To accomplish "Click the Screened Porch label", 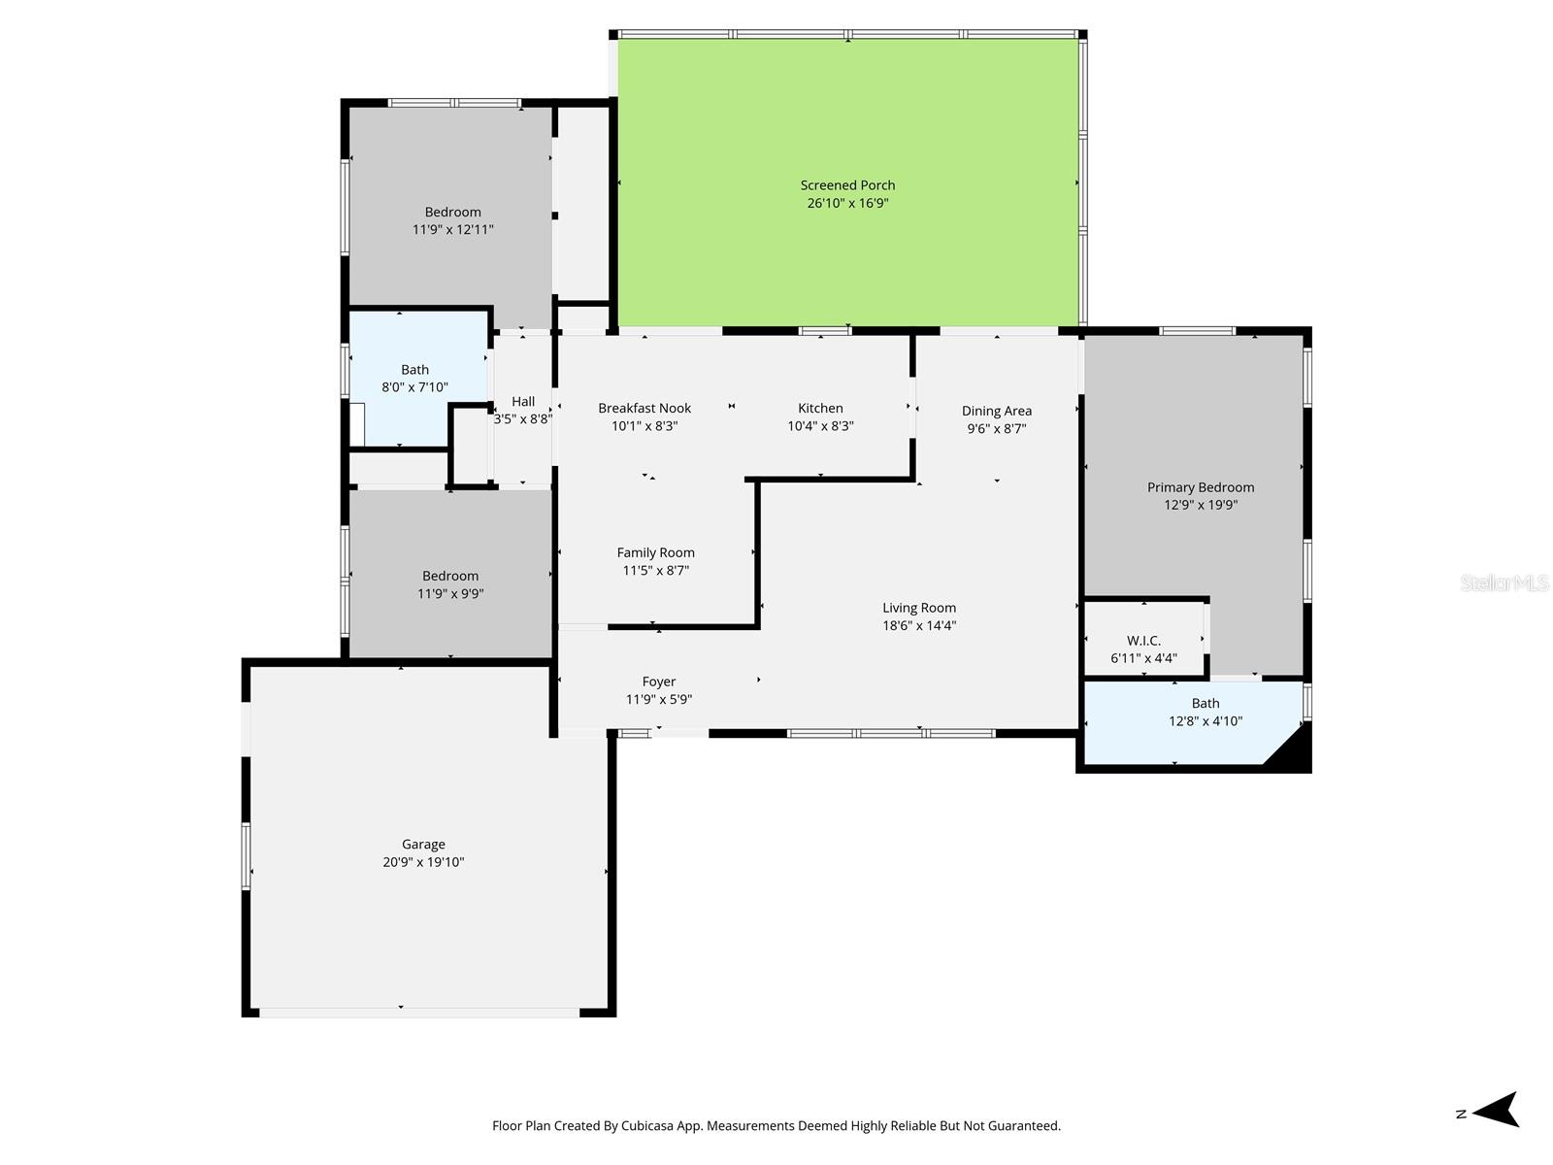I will pyautogui.click(x=847, y=184).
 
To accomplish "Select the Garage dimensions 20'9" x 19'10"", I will pyautogui.click(x=423, y=862).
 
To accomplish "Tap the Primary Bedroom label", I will pyautogui.click(x=1200, y=487).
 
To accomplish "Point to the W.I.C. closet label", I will pyautogui.click(x=1143, y=641).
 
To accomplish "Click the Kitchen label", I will pyautogui.click(x=820, y=408).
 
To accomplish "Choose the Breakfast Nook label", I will pyautogui.click(x=644, y=408).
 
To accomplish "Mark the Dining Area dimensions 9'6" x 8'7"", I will pyautogui.click(x=996, y=428).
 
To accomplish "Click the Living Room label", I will pyautogui.click(x=918, y=608).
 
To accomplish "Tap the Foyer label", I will pyautogui.click(x=658, y=682).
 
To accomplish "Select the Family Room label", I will pyautogui.click(x=655, y=552).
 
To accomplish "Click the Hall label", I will pyautogui.click(x=523, y=401).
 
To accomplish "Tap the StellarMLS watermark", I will pyautogui.click(x=1503, y=582).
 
